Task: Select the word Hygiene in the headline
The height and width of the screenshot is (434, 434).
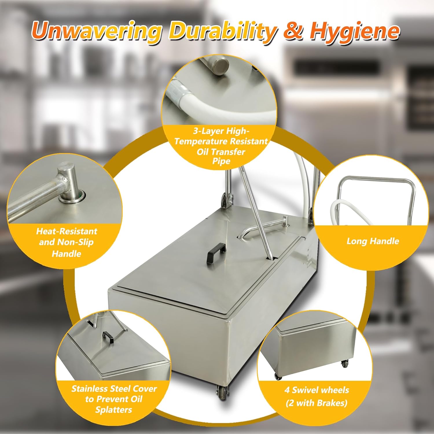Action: point(354,31)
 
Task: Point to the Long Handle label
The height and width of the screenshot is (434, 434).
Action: point(373,241)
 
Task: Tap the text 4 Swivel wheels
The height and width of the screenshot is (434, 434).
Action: point(317,390)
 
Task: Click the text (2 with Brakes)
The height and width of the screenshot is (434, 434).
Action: point(317,403)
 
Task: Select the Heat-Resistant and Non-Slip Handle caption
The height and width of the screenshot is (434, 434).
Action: point(66,242)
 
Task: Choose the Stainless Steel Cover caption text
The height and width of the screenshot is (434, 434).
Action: point(114,399)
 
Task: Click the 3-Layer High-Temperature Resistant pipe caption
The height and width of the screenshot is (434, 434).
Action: point(221,146)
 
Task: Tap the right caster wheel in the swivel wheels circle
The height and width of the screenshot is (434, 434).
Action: point(344,363)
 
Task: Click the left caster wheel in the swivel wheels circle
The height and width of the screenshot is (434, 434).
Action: point(278,376)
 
